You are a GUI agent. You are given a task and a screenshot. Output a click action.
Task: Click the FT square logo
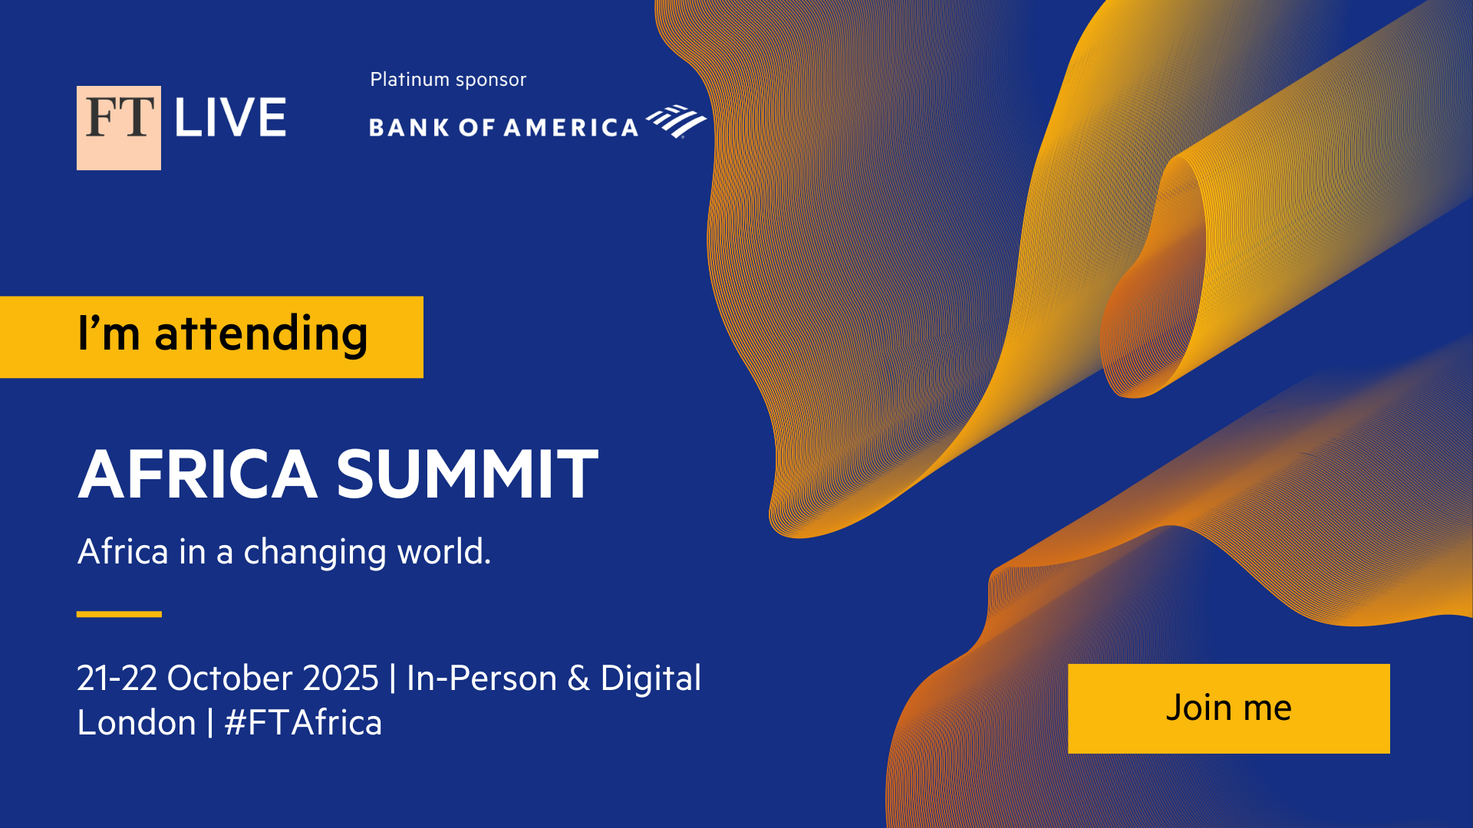point(119,127)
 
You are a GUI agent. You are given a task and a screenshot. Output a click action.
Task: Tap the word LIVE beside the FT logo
point(230,118)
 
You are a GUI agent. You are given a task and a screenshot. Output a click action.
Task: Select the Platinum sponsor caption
point(448,80)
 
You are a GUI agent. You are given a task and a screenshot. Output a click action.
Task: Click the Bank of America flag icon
point(676,121)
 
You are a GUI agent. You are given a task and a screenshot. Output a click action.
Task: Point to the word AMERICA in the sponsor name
point(571,127)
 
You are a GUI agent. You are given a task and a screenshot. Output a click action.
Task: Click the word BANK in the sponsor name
point(410,127)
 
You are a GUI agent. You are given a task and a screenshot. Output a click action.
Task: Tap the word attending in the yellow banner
point(261,335)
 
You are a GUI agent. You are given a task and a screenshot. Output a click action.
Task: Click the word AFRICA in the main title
point(198,474)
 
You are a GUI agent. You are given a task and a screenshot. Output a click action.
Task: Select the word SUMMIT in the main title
point(467,474)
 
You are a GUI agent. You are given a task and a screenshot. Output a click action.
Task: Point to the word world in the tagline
point(441,551)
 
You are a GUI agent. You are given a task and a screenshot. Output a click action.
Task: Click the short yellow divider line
point(119,614)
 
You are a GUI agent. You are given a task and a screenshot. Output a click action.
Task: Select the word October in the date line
point(229,678)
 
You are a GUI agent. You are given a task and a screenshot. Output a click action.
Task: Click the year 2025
point(341,678)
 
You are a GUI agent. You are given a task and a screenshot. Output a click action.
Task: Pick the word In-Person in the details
point(482,678)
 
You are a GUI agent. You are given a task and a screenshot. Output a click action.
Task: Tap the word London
point(137,723)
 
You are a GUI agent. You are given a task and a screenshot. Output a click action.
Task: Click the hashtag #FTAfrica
point(303,723)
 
